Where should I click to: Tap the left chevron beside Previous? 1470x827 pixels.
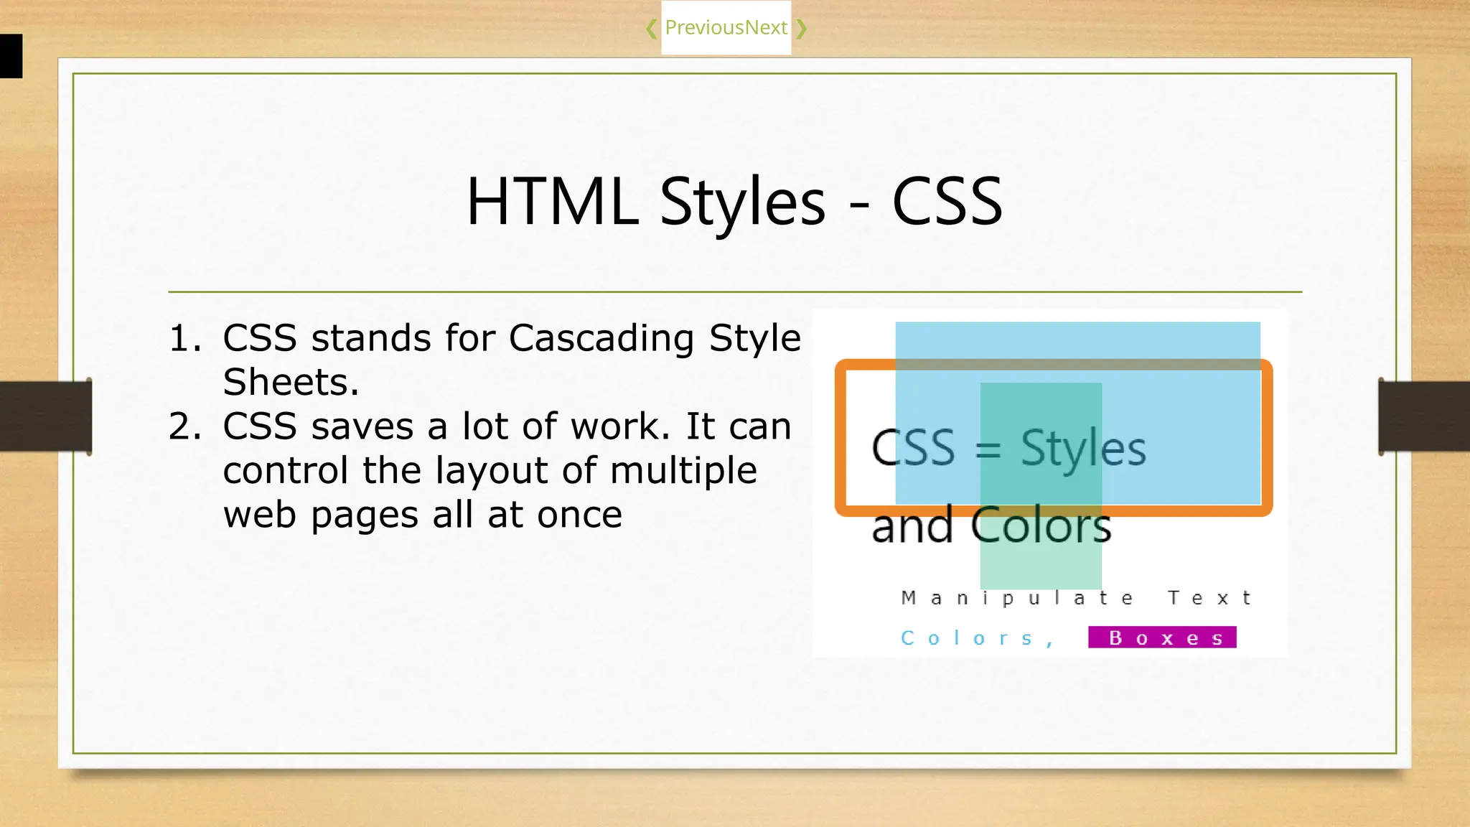pyautogui.click(x=651, y=29)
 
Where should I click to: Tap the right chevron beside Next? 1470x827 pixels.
pyautogui.click(x=802, y=29)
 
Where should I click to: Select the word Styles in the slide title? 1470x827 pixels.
pyautogui.click(x=742, y=203)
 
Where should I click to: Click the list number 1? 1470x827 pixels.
pyautogui.click(x=184, y=338)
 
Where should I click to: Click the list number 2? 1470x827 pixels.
pyautogui.click(x=184, y=426)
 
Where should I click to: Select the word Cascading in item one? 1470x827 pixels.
pyautogui.click(x=601, y=338)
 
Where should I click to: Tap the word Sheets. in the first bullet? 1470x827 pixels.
pyautogui.click(x=291, y=382)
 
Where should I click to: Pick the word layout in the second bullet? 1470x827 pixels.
pyautogui.click(x=492, y=471)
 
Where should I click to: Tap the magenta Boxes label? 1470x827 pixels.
pyautogui.click(x=1162, y=637)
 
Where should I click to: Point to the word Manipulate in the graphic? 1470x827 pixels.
pyautogui.click(x=1017, y=598)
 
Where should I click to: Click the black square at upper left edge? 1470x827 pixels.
pyautogui.click(x=11, y=56)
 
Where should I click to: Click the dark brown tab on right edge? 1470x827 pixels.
pyautogui.click(x=1424, y=416)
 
